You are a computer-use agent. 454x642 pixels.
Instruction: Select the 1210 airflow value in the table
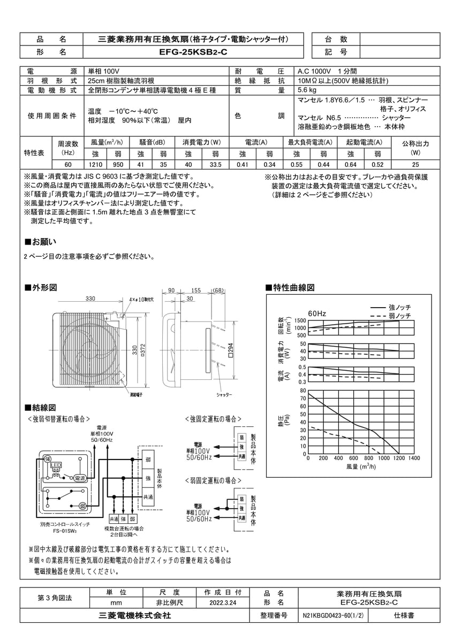[95, 165]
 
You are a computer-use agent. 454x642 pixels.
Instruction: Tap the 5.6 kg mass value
[307, 90]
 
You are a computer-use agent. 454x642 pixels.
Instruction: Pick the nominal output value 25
[415, 165]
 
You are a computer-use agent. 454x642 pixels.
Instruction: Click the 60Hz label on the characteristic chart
[317, 313]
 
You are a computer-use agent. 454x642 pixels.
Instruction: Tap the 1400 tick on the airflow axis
[413, 458]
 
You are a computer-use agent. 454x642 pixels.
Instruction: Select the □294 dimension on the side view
[230, 350]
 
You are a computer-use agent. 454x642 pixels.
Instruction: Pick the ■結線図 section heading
[41, 408]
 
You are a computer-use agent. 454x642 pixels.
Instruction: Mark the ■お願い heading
[41, 241]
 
